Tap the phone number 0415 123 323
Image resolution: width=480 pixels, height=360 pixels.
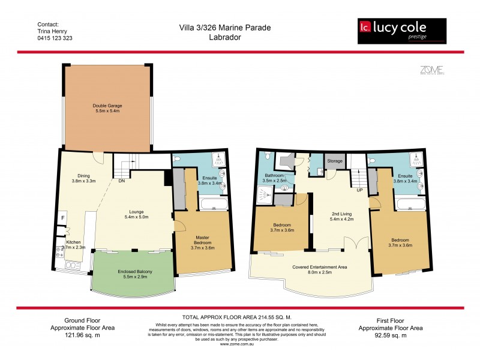(55, 37)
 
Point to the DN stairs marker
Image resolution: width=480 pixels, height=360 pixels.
(121, 180)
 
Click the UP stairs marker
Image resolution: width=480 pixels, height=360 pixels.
(359, 190)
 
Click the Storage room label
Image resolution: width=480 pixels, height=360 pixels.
(334, 161)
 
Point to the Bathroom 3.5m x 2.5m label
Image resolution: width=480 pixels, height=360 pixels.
(275, 178)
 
